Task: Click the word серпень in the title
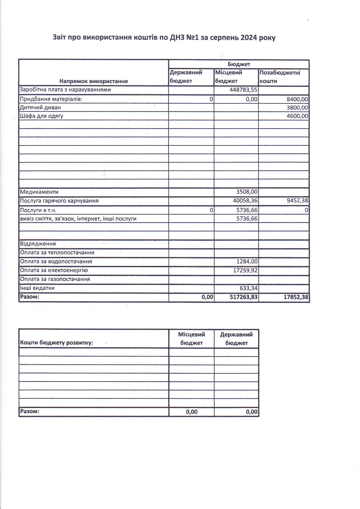(x=224, y=37)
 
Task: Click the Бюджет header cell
(x=239, y=64)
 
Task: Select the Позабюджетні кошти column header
(x=280, y=77)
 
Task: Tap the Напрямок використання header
(x=93, y=81)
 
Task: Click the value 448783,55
(x=243, y=90)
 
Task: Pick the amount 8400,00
(x=297, y=99)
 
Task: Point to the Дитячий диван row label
(x=40, y=107)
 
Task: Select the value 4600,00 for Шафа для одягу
(x=297, y=116)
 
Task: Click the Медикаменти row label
(x=39, y=192)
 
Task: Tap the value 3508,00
(x=246, y=192)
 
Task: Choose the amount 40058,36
(x=245, y=201)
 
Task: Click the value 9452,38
(x=297, y=201)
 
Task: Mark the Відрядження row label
(x=38, y=244)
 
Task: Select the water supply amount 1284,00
(x=247, y=262)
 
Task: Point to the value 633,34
(x=249, y=288)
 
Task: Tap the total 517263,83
(x=243, y=297)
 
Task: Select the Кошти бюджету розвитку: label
(x=56, y=343)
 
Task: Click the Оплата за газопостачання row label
(x=55, y=279)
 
